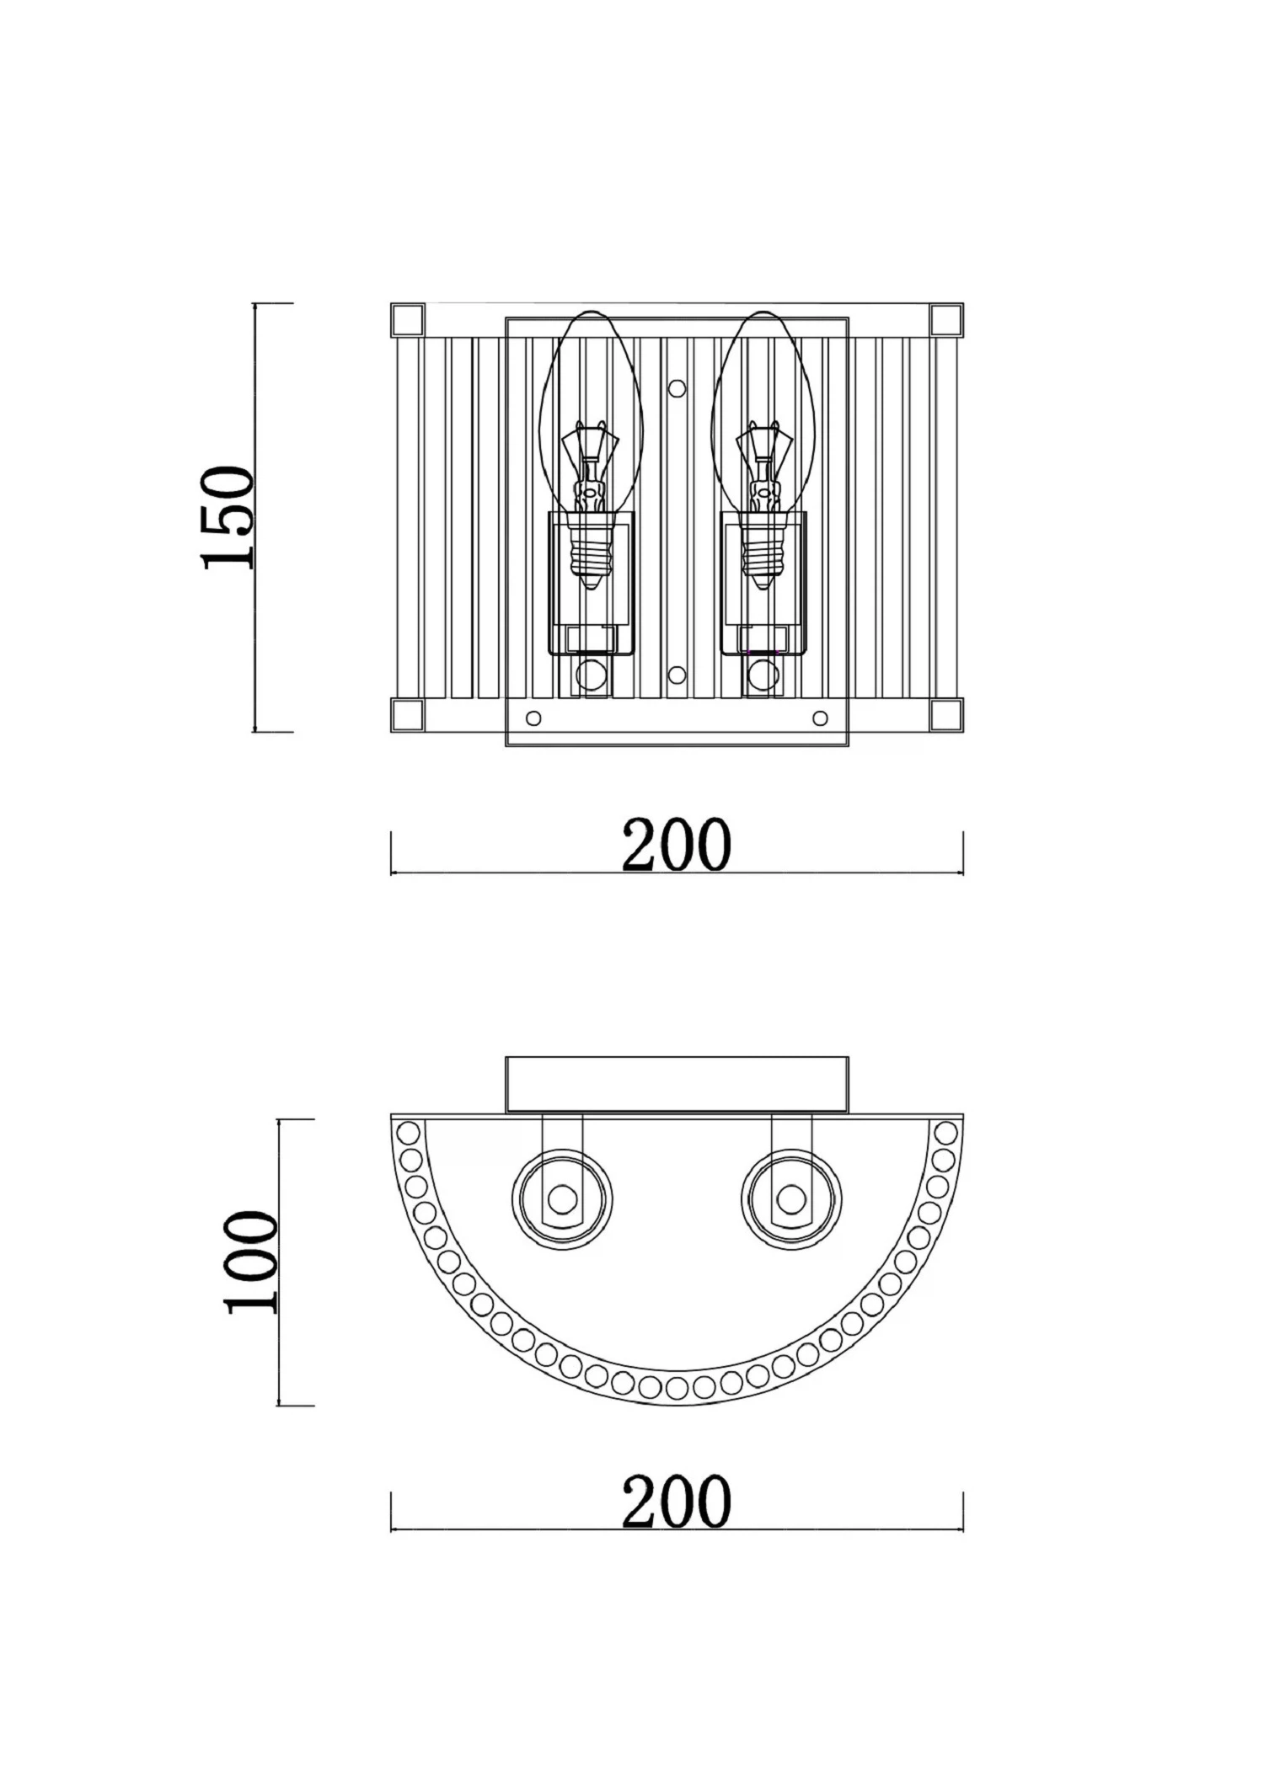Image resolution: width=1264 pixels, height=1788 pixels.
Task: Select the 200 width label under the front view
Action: point(676,844)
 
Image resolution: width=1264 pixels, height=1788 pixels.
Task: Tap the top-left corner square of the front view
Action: point(409,320)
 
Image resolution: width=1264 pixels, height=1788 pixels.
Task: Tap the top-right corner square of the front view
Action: point(946,320)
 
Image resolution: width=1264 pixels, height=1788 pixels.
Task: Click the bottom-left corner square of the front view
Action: point(409,715)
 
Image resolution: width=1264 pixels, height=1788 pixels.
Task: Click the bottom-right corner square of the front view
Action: point(946,715)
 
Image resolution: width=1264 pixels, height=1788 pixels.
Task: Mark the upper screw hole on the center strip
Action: point(677,388)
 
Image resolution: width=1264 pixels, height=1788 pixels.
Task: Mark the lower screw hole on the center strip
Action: point(677,675)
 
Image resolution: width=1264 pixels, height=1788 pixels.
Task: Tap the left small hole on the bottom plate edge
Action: point(533,718)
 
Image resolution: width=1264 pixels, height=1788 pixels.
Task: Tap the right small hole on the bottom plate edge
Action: point(820,718)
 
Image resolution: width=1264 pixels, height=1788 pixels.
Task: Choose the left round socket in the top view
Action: point(562,1198)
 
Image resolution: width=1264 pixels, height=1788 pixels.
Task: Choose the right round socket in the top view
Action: point(791,1198)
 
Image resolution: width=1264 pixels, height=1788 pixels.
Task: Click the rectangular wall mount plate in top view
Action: point(677,1085)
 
